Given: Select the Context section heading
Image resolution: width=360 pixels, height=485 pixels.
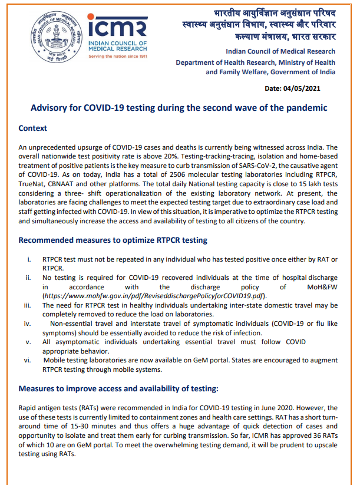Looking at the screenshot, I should pos(33,128).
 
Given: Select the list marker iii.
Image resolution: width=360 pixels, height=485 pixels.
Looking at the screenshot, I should pos(27,305).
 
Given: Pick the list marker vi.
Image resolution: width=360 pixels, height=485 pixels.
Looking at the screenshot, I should pos(27,360).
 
